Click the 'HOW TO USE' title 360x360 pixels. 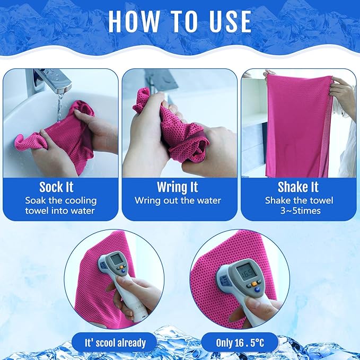click(180, 21)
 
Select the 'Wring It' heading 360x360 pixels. click(178, 187)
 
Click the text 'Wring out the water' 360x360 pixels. click(178, 200)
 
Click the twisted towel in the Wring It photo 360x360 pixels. click(175, 127)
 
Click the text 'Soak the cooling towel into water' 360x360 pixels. click(60, 205)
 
